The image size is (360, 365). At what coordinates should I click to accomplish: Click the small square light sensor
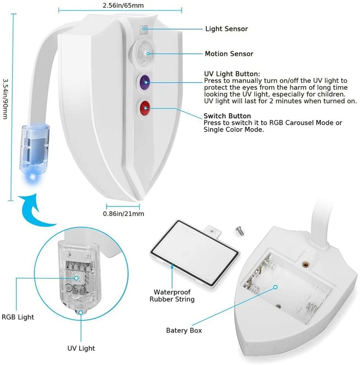pyautogui.click(x=143, y=30)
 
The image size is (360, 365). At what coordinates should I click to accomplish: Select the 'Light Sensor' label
pyautogui.click(x=226, y=29)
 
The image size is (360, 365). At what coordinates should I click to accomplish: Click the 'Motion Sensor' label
pyautogui.click(x=229, y=54)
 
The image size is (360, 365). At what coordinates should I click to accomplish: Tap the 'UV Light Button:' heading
pyautogui.click(x=232, y=73)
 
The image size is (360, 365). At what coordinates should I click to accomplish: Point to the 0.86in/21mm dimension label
pyautogui.click(x=123, y=213)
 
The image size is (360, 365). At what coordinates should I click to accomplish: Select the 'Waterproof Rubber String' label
pyautogui.click(x=172, y=295)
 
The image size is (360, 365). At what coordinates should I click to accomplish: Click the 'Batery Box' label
pyautogui.click(x=184, y=330)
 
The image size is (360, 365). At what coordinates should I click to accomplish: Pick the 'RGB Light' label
pyautogui.click(x=18, y=317)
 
